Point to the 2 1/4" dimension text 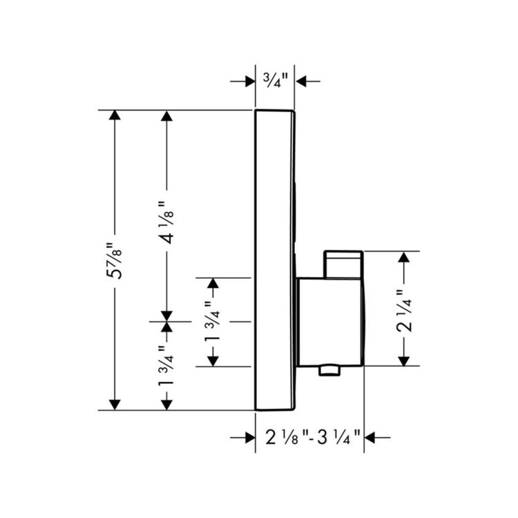click(404, 311)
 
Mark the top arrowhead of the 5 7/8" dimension click(115, 115)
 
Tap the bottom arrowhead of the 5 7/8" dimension click(115, 405)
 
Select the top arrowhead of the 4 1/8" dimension click(166, 115)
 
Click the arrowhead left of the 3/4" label click(251, 81)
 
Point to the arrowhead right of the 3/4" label click(300, 81)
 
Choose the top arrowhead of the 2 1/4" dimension click(404, 257)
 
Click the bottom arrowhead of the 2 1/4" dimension click(404, 361)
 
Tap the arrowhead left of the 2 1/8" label click(251, 438)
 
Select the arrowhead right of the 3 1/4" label click(370, 438)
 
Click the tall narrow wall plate click(275, 260)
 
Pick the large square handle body click(330, 322)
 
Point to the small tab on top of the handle click(343, 265)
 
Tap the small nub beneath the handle click(329, 370)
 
